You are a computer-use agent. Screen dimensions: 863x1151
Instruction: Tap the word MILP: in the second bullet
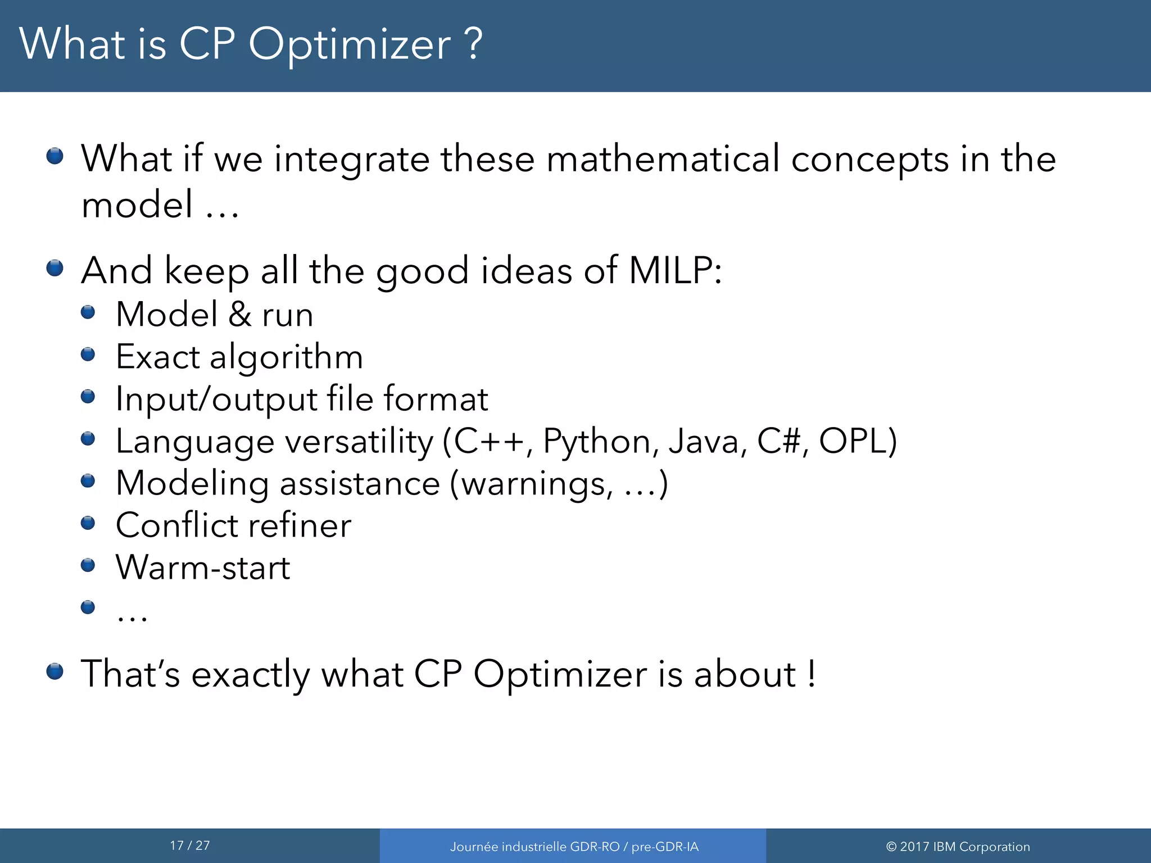[674, 270]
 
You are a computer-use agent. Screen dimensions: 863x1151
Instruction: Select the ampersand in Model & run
[240, 314]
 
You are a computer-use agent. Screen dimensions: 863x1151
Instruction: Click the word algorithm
[286, 358]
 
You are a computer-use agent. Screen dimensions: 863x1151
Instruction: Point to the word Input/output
[216, 399]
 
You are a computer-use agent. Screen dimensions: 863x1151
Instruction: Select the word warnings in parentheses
[537, 484]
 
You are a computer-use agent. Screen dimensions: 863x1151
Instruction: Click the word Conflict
[176, 525]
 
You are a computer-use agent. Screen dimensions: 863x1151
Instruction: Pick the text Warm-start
[203, 567]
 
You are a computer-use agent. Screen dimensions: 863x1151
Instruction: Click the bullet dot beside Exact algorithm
[88, 354]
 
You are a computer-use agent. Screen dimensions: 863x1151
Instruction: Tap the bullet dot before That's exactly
[55, 671]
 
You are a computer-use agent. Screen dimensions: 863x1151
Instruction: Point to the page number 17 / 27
[190, 846]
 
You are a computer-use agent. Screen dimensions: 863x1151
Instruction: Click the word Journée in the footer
[474, 847]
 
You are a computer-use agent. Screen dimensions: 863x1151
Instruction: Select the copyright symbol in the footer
[891, 847]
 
